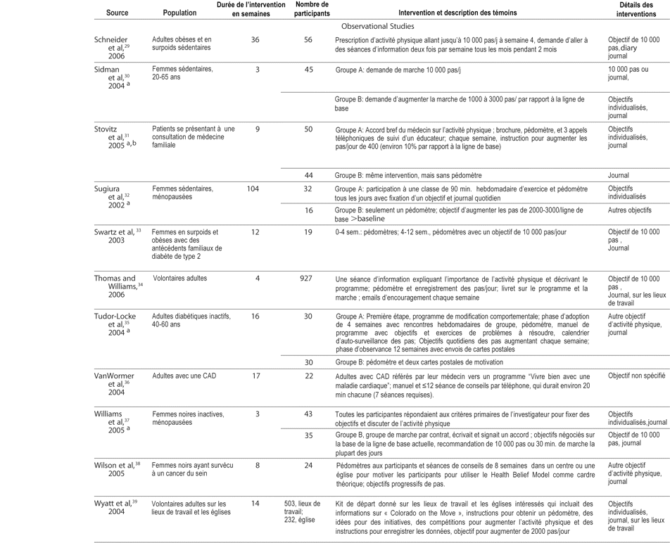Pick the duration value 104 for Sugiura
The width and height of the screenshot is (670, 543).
(x=255, y=189)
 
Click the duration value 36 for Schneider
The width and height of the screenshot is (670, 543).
(x=255, y=40)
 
